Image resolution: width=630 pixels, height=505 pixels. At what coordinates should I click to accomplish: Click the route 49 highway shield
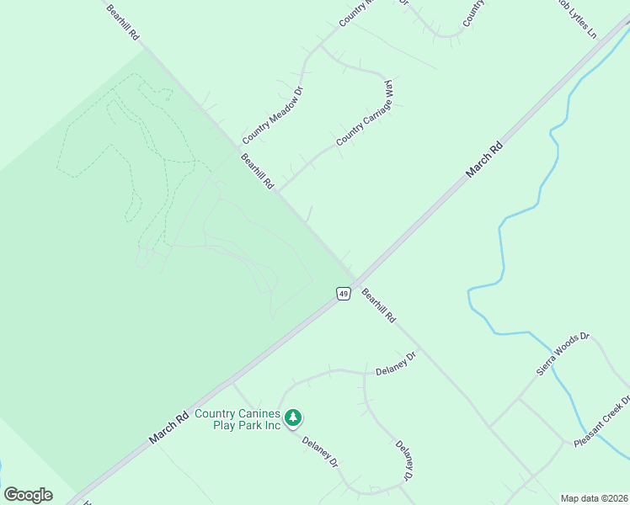coord(343,293)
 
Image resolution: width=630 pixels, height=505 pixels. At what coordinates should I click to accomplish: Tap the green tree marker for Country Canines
coord(293,417)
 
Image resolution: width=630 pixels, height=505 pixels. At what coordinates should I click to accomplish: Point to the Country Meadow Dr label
coord(271,114)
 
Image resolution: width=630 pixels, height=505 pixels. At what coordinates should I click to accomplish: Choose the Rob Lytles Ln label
coord(576,19)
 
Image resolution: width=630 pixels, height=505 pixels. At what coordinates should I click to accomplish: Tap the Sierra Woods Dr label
coord(563,355)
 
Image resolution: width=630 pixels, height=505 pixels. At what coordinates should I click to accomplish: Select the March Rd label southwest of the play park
coord(168,428)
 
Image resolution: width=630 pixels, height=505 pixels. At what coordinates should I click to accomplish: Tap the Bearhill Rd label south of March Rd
coord(378,306)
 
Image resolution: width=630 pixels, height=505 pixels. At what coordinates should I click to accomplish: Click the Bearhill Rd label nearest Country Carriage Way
coord(258,171)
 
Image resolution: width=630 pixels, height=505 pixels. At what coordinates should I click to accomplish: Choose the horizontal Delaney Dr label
coord(396,364)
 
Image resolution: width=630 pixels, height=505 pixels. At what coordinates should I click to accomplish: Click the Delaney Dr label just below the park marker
coord(319,450)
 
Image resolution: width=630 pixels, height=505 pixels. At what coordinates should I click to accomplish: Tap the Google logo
coord(28,495)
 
